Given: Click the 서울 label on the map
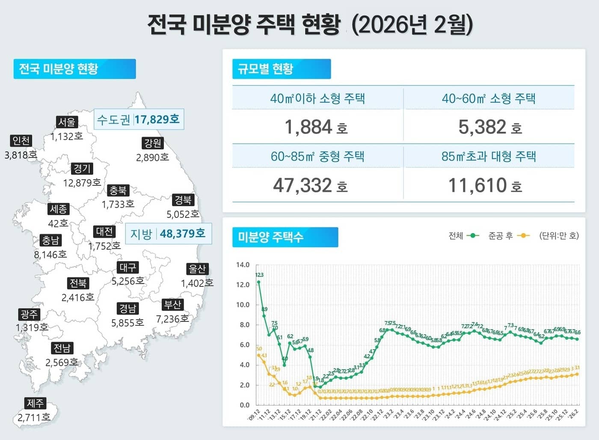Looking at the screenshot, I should (67, 122).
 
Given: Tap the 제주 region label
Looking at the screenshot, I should (36, 403).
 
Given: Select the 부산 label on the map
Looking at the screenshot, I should (173, 305).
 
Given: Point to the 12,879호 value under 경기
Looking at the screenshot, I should (82, 183).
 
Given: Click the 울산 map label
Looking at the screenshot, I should (197, 269).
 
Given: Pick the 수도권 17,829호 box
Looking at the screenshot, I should (139, 119).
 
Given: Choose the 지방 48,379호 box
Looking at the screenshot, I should (168, 234).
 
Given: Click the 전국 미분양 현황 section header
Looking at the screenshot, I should (74, 69).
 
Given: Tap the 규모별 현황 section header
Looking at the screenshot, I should (281, 69).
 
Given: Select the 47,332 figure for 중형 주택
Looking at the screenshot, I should (302, 185).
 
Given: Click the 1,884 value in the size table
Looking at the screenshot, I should (308, 127).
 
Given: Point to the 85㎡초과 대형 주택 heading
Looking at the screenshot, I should (489, 156).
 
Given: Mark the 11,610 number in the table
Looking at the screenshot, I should (477, 185).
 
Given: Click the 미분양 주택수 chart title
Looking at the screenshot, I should (285, 237).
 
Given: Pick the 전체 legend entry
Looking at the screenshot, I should (463, 236).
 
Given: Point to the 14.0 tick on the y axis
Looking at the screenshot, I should (243, 265).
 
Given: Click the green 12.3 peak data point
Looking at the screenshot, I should (258, 282).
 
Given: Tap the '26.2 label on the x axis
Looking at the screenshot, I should (573, 414).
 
